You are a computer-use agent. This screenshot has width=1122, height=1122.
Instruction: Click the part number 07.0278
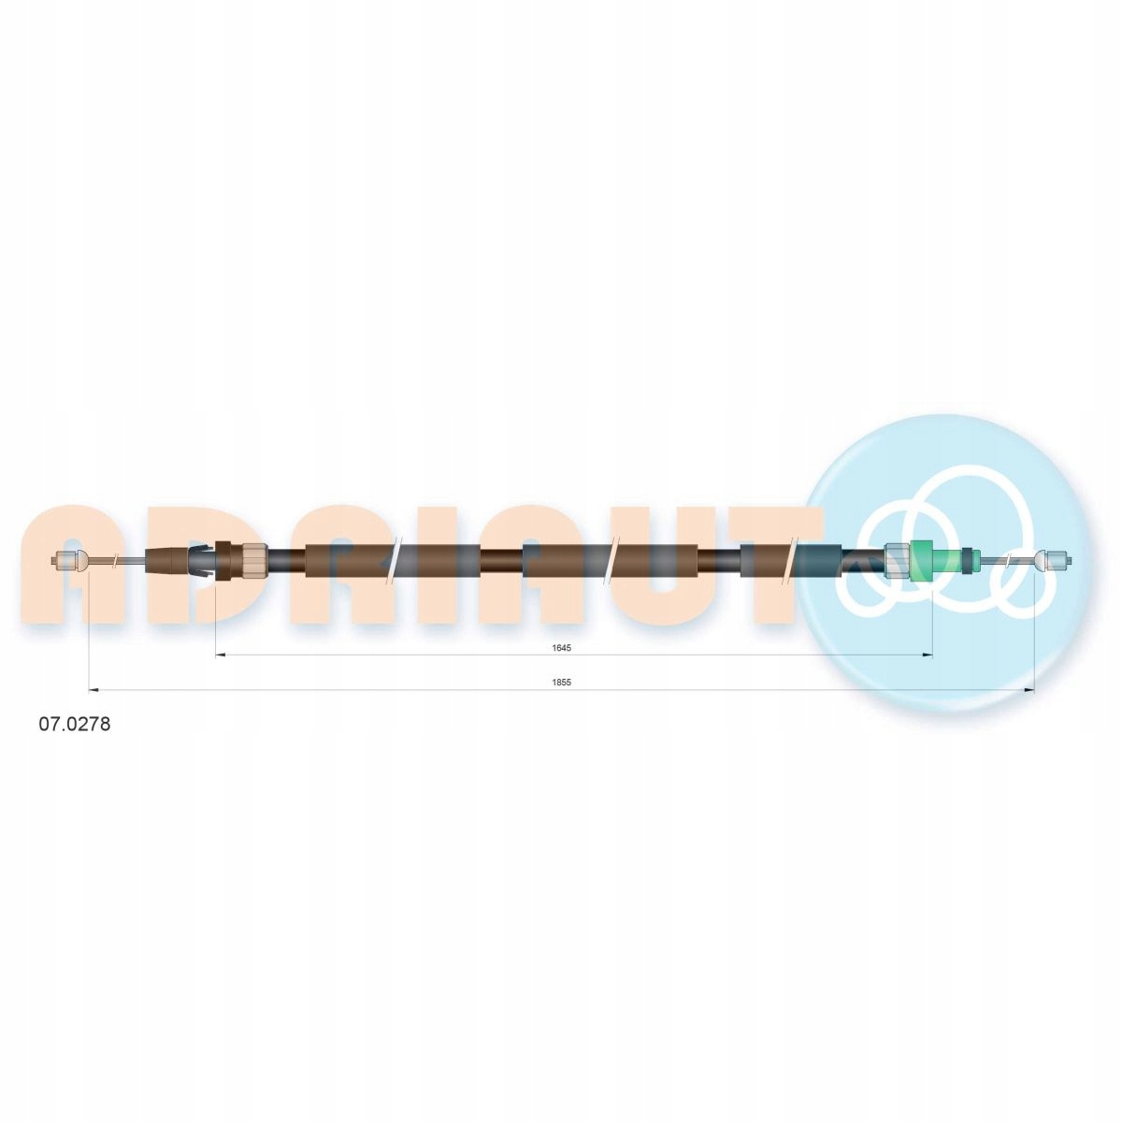74,725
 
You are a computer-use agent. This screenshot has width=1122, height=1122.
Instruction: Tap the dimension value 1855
562,683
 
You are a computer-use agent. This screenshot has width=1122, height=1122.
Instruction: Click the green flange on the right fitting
921,561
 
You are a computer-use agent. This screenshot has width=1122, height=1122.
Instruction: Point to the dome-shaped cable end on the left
82,561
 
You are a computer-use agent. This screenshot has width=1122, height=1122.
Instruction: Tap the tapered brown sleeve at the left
166,561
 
